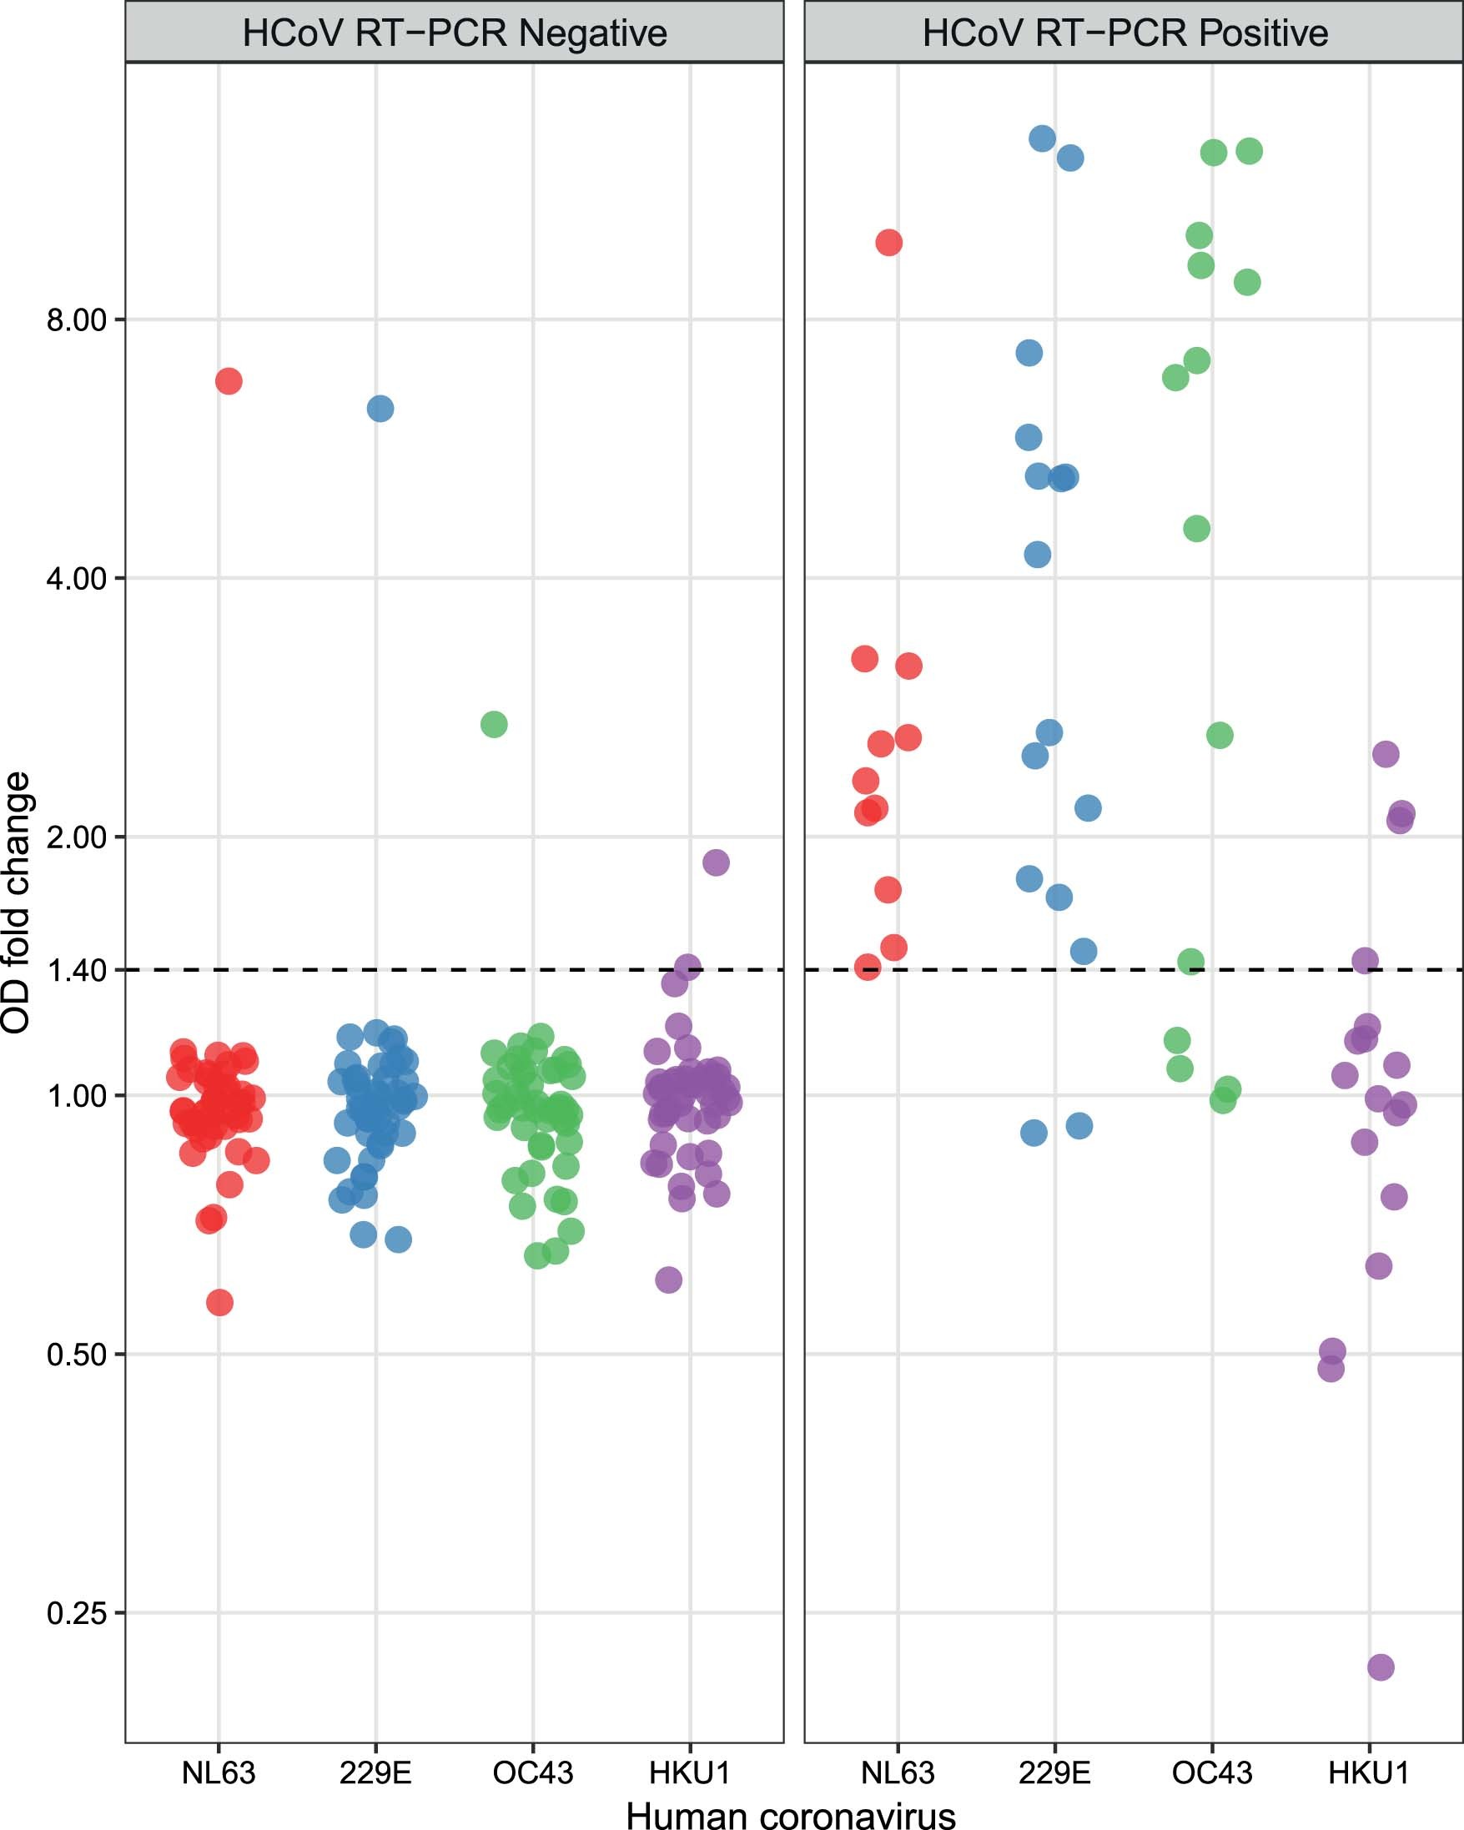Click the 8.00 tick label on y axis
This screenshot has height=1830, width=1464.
pyautogui.click(x=77, y=320)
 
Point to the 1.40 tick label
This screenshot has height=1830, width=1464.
pyautogui.click(x=77, y=969)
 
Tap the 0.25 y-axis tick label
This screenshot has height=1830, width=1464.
pyautogui.click(x=77, y=1612)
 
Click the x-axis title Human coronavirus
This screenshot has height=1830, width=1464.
pyautogui.click(x=790, y=1815)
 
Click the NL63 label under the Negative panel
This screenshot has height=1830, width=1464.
pyautogui.click(x=218, y=1773)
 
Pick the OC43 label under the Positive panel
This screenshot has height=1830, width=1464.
pyautogui.click(x=1212, y=1773)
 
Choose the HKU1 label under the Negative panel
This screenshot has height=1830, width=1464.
pyautogui.click(x=689, y=1773)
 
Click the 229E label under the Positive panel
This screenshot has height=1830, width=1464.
pyautogui.click(x=1054, y=1773)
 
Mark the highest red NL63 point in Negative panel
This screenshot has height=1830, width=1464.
pyautogui.click(x=229, y=381)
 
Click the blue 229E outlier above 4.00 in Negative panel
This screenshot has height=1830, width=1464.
pyautogui.click(x=380, y=409)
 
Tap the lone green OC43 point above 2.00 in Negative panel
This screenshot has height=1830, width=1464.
pyautogui.click(x=494, y=724)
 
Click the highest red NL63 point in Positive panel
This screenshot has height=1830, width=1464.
pyautogui.click(x=888, y=243)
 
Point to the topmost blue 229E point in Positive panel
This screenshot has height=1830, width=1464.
pyautogui.click(x=1042, y=138)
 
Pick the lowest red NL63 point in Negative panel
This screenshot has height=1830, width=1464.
pyautogui.click(x=219, y=1302)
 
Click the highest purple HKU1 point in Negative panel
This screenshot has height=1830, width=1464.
pyautogui.click(x=716, y=862)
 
